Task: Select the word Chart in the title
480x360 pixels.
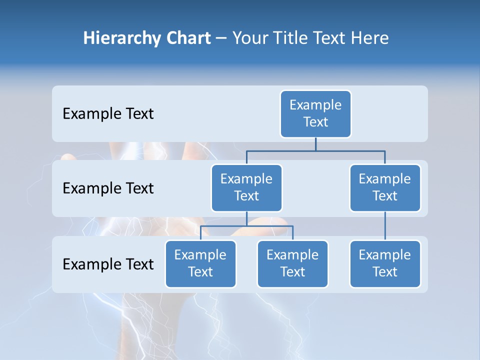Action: pyautogui.click(x=188, y=38)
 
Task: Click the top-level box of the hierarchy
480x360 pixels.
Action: pyautogui.click(x=315, y=114)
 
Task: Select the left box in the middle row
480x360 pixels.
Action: pyautogui.click(x=246, y=188)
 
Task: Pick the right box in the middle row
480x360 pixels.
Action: pyautogui.click(x=385, y=188)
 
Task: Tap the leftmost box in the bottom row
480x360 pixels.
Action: pyautogui.click(x=200, y=264)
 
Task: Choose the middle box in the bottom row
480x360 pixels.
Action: pyautogui.click(x=292, y=264)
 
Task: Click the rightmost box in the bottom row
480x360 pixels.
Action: pyautogui.click(x=385, y=264)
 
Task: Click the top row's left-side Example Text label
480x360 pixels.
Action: pyautogui.click(x=108, y=114)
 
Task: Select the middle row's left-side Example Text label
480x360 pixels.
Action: pyautogui.click(x=108, y=188)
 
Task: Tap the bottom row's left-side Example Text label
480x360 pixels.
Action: pyautogui.click(x=108, y=264)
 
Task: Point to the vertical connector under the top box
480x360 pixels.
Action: pyautogui.click(x=315, y=144)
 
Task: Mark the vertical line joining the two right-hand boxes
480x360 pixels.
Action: pyautogui.click(x=385, y=226)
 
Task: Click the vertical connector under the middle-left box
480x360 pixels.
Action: pyautogui.click(x=246, y=218)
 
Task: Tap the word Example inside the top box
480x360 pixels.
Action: pyautogui.click(x=315, y=105)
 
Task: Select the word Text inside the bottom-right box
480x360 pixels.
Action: pyautogui.click(x=385, y=272)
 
